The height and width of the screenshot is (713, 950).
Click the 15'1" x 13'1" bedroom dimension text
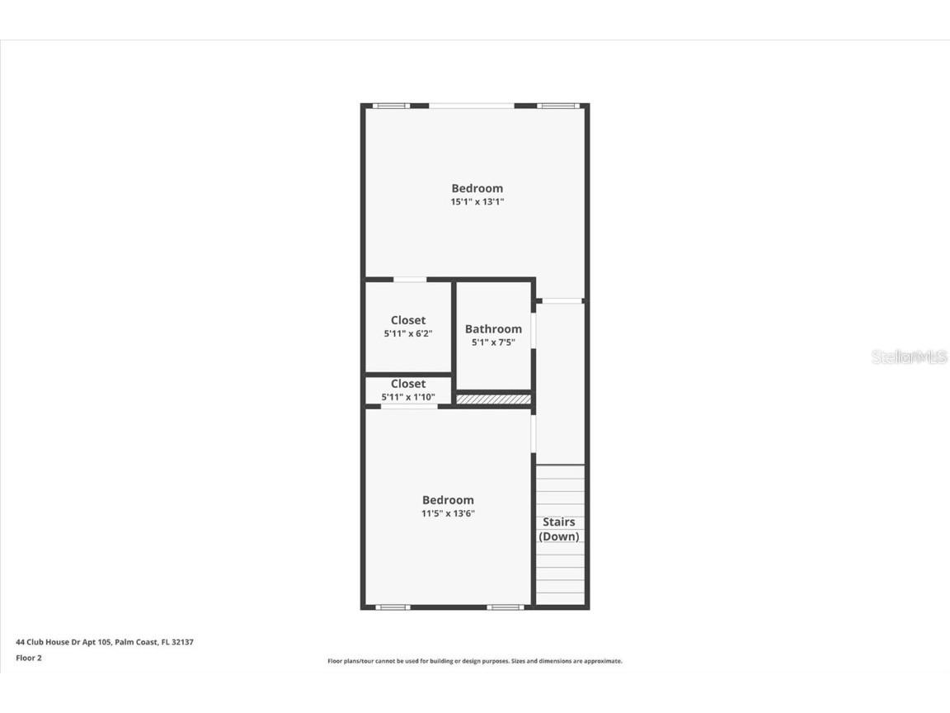[x=477, y=201]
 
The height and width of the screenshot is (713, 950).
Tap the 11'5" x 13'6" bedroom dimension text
[x=448, y=513]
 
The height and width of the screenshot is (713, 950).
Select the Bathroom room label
[x=493, y=328]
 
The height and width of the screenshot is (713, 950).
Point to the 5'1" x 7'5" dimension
[x=493, y=342]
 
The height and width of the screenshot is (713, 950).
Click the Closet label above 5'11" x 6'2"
[x=408, y=320]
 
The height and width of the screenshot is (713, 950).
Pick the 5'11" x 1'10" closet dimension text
[x=408, y=397]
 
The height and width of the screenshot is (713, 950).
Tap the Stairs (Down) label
[x=559, y=529]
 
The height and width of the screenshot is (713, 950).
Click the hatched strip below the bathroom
[x=493, y=399]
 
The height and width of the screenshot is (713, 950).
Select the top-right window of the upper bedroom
[x=558, y=106]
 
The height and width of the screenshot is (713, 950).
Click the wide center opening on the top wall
[x=472, y=106]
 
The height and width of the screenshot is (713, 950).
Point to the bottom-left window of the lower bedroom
[x=393, y=607]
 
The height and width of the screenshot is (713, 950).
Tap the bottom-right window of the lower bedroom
[x=505, y=607]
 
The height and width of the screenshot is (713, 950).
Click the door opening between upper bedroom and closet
[x=409, y=280]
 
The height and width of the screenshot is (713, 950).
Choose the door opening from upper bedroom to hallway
[x=561, y=300]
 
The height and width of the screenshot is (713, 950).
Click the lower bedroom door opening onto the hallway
[x=533, y=432]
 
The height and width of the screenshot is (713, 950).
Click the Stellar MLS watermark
[x=910, y=356]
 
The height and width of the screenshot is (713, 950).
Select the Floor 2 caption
[x=28, y=658]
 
